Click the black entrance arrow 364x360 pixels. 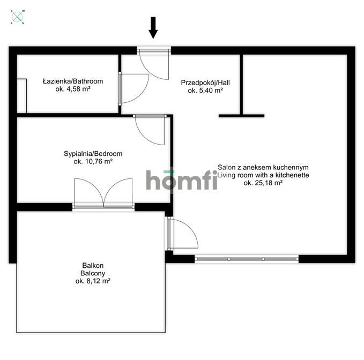tap(153, 28)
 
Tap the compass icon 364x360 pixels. tap(17, 17)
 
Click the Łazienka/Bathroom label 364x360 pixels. tap(73, 81)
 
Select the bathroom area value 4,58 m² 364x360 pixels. tap(73, 89)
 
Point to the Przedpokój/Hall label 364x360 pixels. tap(205, 83)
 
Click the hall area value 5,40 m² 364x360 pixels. tap(205, 91)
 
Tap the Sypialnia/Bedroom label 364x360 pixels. tap(93, 154)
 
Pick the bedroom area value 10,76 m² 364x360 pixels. tap(93, 161)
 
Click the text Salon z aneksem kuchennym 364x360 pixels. tap(263, 167)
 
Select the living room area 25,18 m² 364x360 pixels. tap(263, 183)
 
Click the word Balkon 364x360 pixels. tap(93, 265)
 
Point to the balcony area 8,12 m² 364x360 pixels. tap(93, 281)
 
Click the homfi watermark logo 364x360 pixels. tap(182, 180)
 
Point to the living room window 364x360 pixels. tap(246, 259)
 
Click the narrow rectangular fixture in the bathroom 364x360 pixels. tap(22, 96)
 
